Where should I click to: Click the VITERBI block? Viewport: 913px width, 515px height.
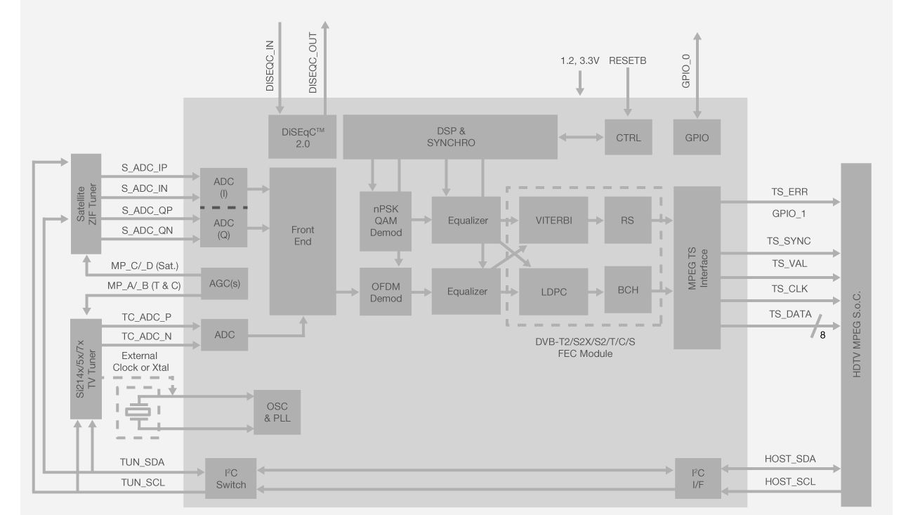tap(553, 220)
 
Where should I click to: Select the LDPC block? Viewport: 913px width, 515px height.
tap(553, 291)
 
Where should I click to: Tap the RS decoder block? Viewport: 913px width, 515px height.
tap(627, 220)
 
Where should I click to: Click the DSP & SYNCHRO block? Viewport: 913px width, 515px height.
tap(449, 137)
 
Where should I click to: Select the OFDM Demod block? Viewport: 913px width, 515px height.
tap(386, 292)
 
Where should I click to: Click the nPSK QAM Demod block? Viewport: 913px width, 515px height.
tap(386, 220)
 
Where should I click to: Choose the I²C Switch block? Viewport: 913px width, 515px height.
tap(230, 478)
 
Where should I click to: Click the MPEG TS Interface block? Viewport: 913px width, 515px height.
tap(697, 267)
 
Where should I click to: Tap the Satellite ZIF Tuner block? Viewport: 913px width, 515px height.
tap(86, 204)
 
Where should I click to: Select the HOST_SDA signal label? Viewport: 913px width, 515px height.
tap(789, 458)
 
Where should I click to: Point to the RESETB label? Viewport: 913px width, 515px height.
tap(628, 61)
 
